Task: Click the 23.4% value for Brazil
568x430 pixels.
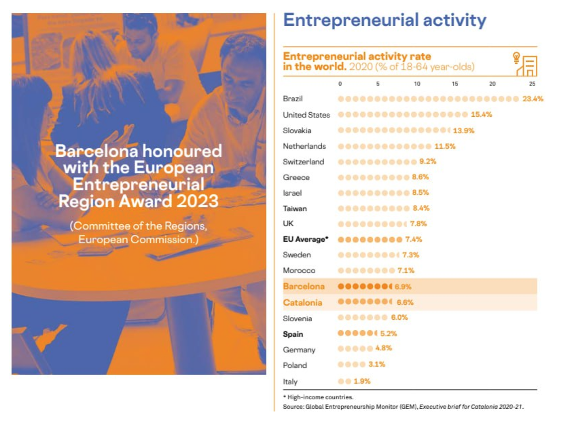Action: click(x=532, y=99)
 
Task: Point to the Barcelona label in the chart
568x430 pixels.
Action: click(x=303, y=286)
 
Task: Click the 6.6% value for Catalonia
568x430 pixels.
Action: click(x=405, y=302)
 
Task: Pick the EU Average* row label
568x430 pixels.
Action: click(x=305, y=239)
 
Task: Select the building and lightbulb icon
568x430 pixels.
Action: click(x=524, y=64)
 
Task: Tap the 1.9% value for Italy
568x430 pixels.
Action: click(x=361, y=381)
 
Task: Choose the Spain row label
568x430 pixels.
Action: click(x=293, y=334)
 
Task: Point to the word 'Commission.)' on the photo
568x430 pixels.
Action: click(x=164, y=240)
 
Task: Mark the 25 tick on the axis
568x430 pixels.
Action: click(x=532, y=84)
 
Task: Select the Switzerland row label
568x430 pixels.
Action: click(x=303, y=162)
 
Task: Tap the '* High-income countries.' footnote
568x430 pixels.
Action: click(x=318, y=397)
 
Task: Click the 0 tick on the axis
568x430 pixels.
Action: click(x=340, y=84)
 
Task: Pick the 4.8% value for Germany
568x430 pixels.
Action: click(x=383, y=348)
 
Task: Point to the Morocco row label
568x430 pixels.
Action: click(x=299, y=271)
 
